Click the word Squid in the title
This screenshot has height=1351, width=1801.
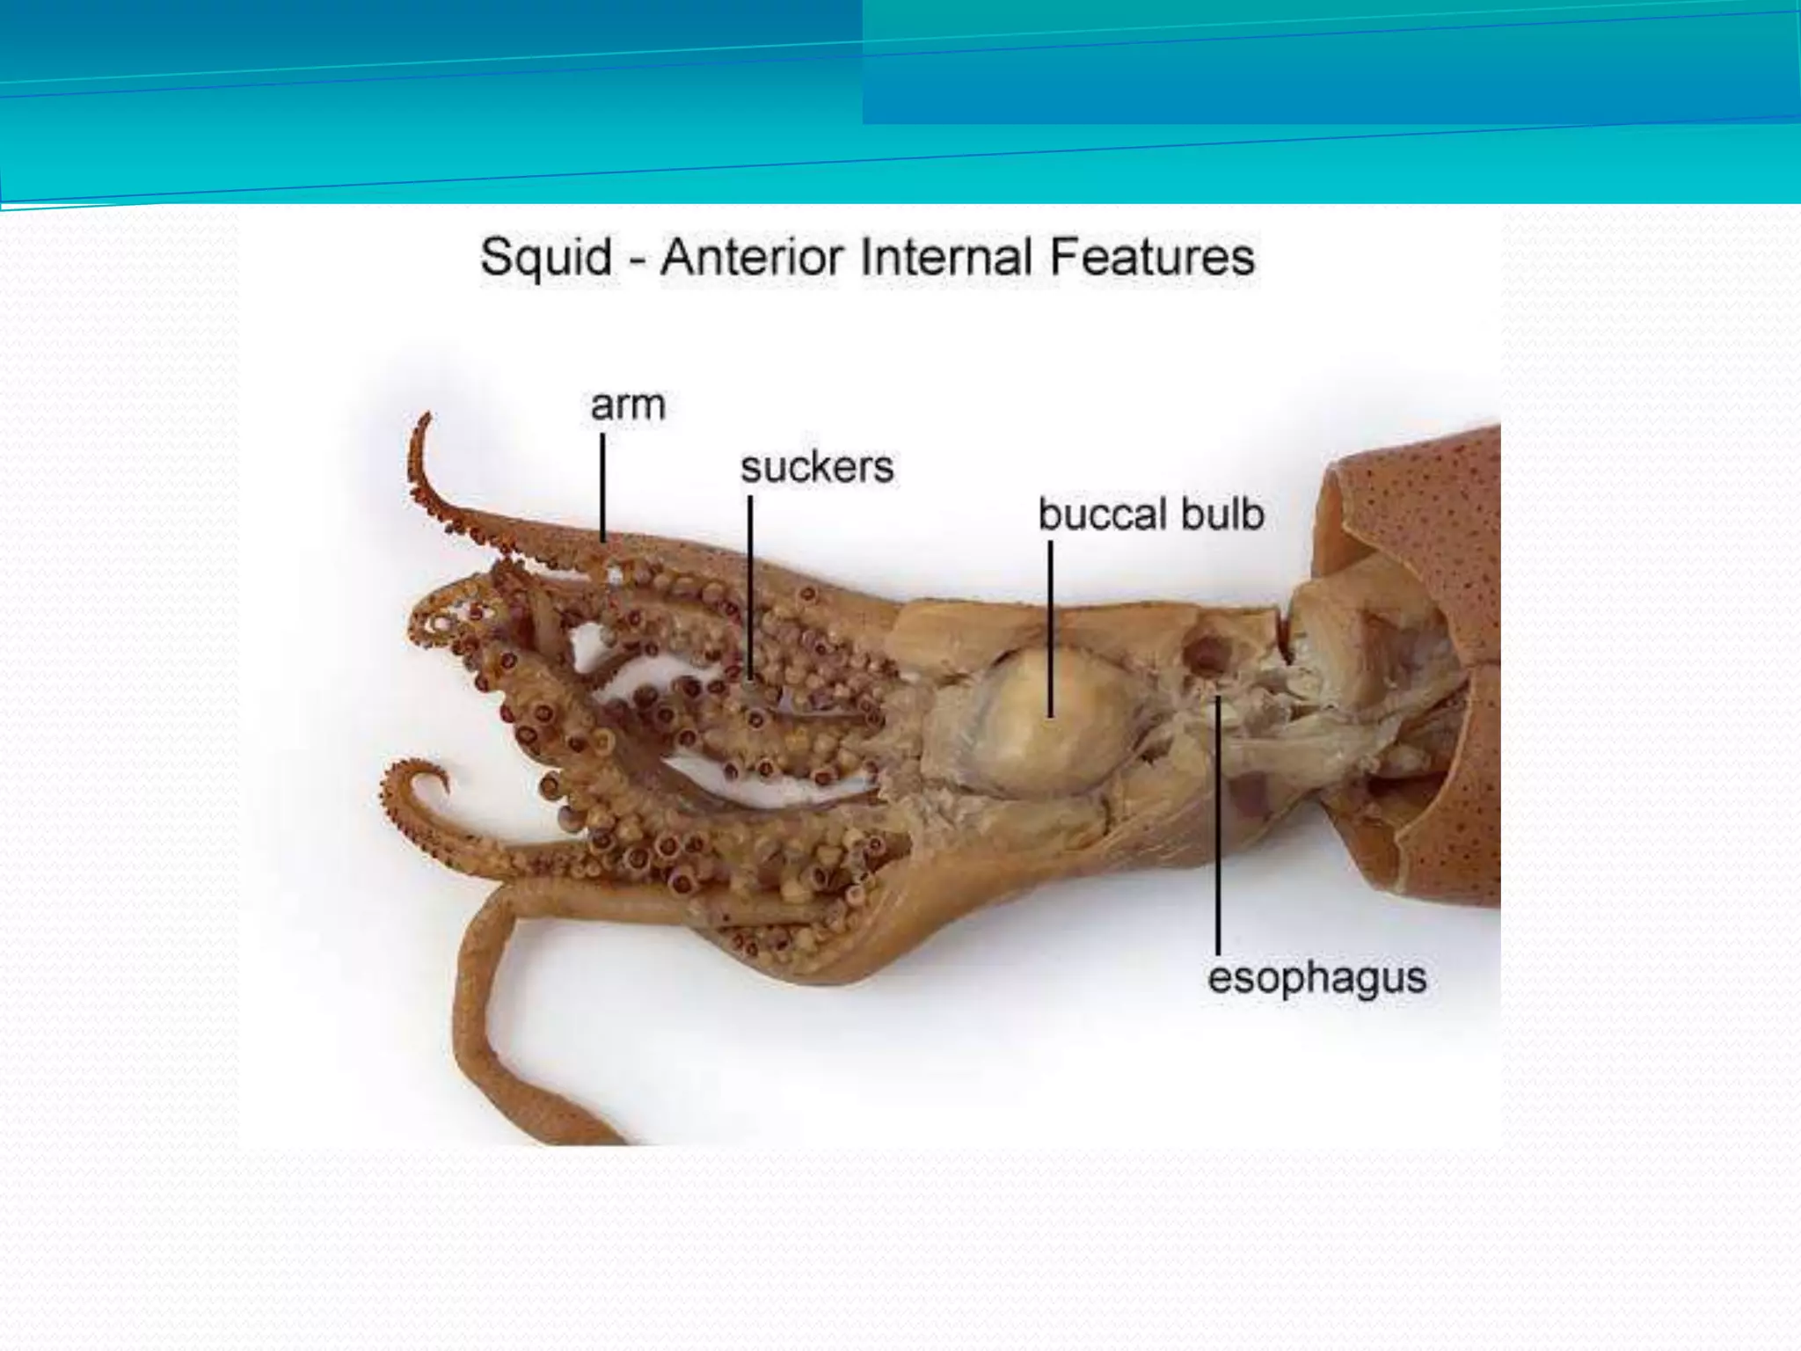546,258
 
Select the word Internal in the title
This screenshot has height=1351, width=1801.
946,258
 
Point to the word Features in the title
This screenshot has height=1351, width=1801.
1152,258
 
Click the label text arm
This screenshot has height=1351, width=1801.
628,406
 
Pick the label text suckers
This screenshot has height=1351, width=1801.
816,467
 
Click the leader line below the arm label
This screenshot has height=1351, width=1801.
603,488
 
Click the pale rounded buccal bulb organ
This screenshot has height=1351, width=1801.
1051,721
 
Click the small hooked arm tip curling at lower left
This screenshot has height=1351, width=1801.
418,778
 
